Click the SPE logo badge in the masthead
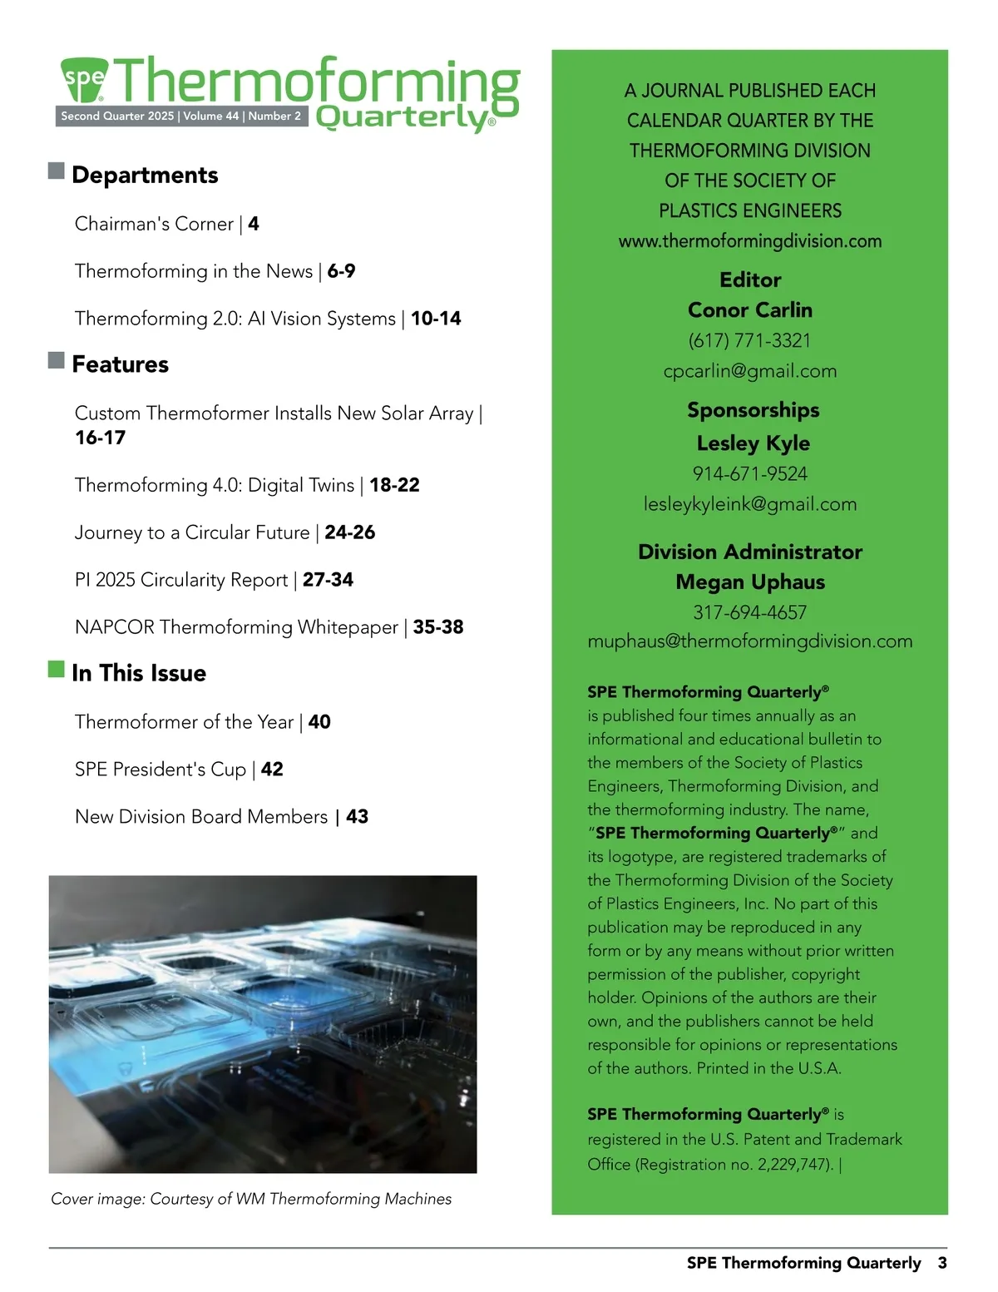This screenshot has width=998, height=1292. click(x=85, y=80)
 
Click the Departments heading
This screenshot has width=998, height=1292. click(x=145, y=175)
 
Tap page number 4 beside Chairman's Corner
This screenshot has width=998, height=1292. click(x=254, y=224)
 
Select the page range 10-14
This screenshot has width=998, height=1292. click(x=436, y=319)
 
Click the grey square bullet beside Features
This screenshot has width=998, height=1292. click(x=57, y=360)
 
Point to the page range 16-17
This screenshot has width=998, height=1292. click(x=101, y=438)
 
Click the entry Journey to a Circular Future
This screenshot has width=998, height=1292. click(x=192, y=532)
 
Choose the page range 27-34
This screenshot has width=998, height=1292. click(x=328, y=580)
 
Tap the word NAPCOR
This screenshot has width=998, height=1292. click(x=114, y=627)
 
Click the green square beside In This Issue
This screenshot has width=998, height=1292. click(x=57, y=669)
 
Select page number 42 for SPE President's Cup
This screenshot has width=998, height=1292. click(x=272, y=770)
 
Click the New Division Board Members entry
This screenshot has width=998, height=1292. click(x=201, y=817)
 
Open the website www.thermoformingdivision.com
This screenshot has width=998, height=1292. click(x=749, y=241)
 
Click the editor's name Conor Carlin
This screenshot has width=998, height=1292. click(x=749, y=309)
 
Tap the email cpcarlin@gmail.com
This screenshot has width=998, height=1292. click(x=749, y=371)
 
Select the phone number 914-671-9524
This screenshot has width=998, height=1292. click(x=749, y=474)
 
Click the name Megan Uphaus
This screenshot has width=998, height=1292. click(x=749, y=582)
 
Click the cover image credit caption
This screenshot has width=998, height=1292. click(x=251, y=1199)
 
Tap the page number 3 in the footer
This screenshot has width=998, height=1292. click(x=942, y=1263)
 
